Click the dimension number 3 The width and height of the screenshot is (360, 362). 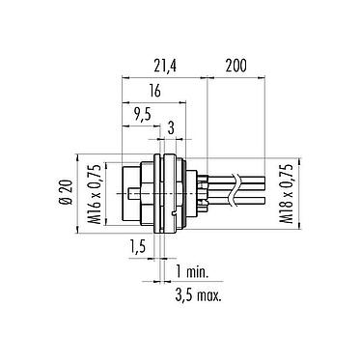171,125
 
